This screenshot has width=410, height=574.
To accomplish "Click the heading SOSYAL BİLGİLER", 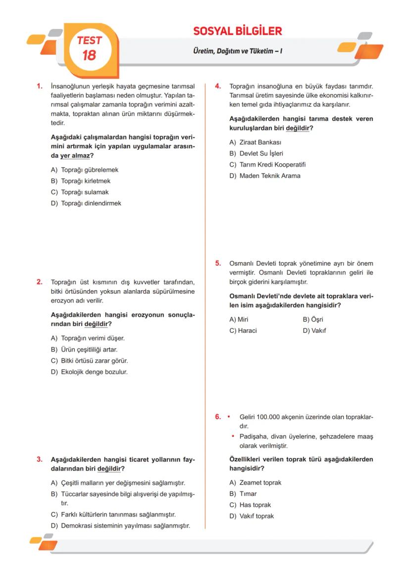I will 237,31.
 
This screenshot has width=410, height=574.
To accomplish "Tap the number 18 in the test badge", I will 89,55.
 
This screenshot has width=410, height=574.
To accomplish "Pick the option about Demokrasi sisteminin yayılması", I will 125,526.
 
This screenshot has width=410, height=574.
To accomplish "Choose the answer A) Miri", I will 239,319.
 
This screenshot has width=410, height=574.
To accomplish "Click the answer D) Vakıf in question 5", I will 314,331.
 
